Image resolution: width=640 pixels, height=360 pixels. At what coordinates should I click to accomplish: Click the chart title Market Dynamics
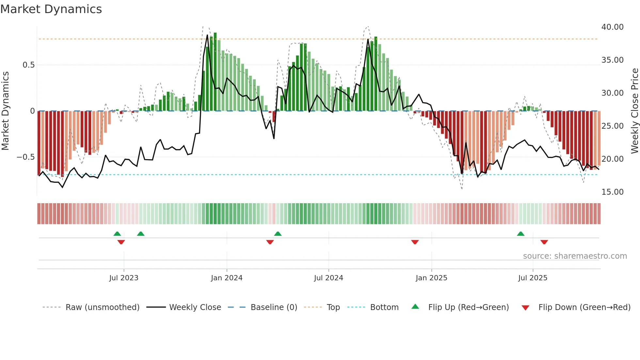(x=51, y=9)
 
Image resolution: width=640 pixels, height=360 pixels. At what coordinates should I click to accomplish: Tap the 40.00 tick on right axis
(x=612, y=27)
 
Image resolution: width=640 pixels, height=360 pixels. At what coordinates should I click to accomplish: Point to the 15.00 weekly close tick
(x=612, y=192)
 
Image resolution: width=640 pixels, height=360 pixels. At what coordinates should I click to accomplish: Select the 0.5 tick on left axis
(x=29, y=65)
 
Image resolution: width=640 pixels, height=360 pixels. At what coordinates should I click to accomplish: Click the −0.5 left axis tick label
(x=26, y=157)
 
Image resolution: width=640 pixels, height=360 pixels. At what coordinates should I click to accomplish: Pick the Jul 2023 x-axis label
(x=124, y=278)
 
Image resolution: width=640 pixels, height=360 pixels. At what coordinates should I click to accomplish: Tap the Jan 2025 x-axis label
(x=431, y=278)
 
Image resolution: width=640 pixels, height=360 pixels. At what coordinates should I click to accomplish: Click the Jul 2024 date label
(x=328, y=278)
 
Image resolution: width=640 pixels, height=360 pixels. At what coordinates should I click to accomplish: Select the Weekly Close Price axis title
(x=634, y=111)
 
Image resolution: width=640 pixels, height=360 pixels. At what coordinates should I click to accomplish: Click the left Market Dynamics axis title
(x=5, y=111)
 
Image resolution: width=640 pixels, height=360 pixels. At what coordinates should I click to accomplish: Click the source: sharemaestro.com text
(x=575, y=256)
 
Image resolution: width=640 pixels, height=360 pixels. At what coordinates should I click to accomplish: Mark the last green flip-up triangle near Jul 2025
(x=521, y=234)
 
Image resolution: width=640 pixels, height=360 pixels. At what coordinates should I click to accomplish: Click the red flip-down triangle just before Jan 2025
(x=415, y=242)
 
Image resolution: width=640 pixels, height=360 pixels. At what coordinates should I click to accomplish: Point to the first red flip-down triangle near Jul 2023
(x=121, y=242)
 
